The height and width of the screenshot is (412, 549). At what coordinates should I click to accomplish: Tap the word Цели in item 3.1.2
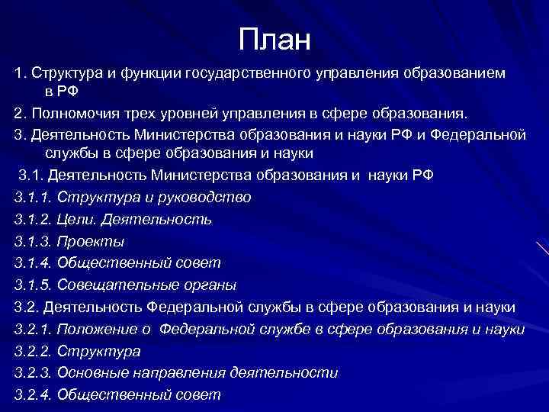(76, 220)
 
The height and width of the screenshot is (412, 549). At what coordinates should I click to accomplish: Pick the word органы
(205, 285)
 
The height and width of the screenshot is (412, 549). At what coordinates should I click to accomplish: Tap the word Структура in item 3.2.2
(99, 352)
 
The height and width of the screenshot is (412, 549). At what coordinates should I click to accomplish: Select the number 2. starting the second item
(19, 114)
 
